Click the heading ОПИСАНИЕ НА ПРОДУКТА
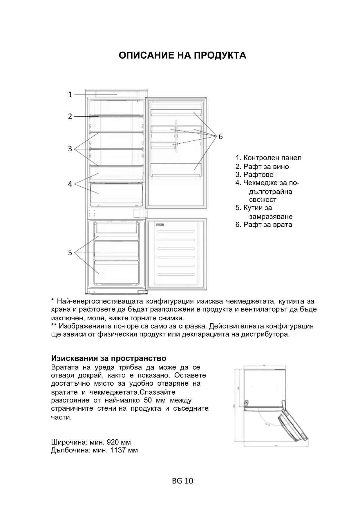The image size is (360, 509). [182, 55]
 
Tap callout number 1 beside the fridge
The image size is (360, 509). [70, 95]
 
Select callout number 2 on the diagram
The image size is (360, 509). [70, 116]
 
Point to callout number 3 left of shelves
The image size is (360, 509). [70, 149]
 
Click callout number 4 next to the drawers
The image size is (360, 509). [70, 184]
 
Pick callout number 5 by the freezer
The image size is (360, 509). [70, 253]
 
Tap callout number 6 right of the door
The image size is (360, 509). [220, 136]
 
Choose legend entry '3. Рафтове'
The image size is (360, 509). [254, 175]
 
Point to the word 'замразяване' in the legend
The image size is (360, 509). [271, 216]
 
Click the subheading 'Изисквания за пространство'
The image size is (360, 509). [108, 358]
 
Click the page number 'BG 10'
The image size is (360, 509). [182, 481]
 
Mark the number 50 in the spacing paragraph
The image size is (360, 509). [148, 400]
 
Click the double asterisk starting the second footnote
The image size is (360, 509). [53, 326]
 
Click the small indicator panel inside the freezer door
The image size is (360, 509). [160, 225]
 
